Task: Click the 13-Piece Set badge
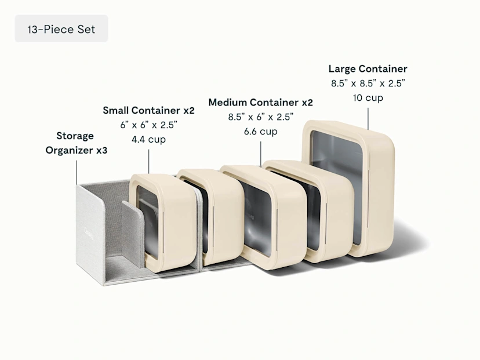61,28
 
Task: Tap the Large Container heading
368,68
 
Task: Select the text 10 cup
368,98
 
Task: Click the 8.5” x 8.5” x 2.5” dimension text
368,83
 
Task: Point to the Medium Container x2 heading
260,102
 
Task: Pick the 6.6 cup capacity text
260,132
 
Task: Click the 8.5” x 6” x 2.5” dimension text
260,117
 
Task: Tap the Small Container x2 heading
148,110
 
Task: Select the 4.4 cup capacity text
148,140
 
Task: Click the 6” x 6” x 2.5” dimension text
148,125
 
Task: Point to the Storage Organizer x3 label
76,143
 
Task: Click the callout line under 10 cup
368,119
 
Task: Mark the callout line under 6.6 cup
261,154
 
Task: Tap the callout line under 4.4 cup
149,162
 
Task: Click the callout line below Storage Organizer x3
77,172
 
